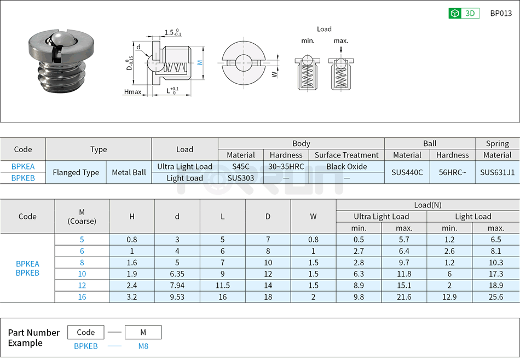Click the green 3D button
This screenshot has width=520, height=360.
coord(464,14)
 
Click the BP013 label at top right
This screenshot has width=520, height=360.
coord(500,14)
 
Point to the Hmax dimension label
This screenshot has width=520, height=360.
coord(132,92)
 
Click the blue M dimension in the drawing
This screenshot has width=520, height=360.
coord(200,62)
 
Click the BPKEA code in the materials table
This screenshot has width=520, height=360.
coord(23,166)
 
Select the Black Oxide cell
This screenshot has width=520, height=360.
coord(346,166)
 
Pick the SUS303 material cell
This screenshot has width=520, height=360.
coord(240,178)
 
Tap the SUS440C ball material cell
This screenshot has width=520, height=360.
coord(407,172)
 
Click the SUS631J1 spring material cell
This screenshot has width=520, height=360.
coord(497,172)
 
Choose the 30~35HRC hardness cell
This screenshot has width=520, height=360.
coord(286,166)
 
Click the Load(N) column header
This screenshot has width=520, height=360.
coord(427,205)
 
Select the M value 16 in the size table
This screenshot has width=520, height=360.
coord(82,297)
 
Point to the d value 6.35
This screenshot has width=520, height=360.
coord(177,274)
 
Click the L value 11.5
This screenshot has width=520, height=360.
coord(222,285)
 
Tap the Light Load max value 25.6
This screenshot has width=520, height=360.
coord(496,297)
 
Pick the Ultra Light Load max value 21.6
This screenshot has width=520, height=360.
coord(404,297)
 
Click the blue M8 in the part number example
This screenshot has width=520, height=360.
coord(143,346)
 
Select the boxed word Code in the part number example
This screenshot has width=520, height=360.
coord(86,332)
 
